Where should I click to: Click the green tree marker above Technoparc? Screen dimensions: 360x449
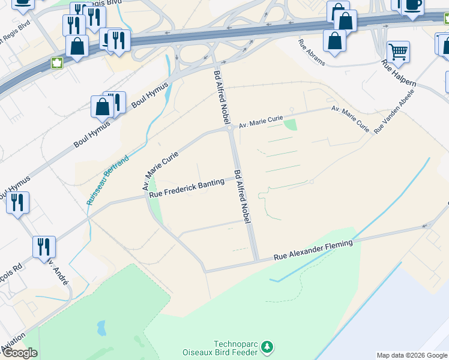point(267,347)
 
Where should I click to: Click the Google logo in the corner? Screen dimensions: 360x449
point(19,353)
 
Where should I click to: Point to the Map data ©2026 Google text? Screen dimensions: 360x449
point(412,355)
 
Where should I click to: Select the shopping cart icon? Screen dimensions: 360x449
point(398,53)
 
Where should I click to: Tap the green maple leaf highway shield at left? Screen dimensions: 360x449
point(57,62)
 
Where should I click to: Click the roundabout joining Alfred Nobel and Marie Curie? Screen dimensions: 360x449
point(229,127)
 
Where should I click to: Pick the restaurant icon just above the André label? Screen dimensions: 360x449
point(44,246)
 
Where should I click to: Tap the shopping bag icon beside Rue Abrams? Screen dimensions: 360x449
point(334,41)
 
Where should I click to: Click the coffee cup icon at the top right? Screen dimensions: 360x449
point(412,5)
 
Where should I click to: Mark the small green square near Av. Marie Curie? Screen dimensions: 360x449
point(291,125)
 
